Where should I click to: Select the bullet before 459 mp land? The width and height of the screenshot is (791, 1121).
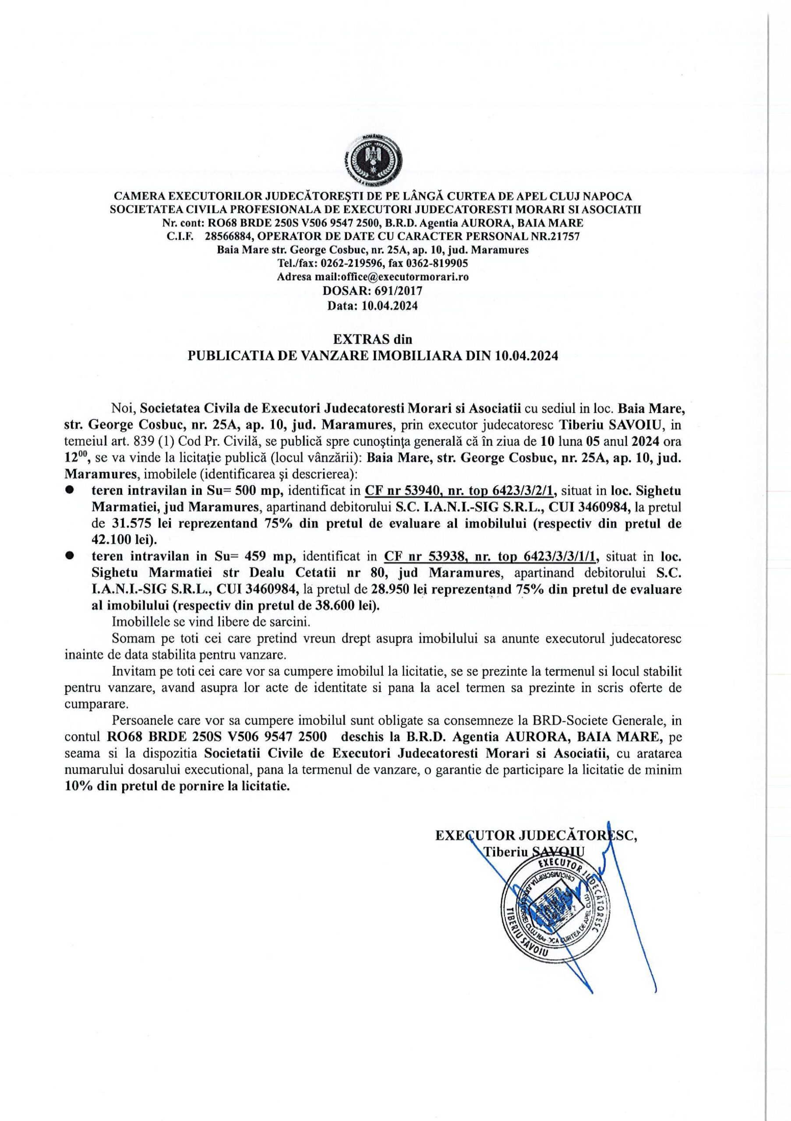click(x=70, y=556)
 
